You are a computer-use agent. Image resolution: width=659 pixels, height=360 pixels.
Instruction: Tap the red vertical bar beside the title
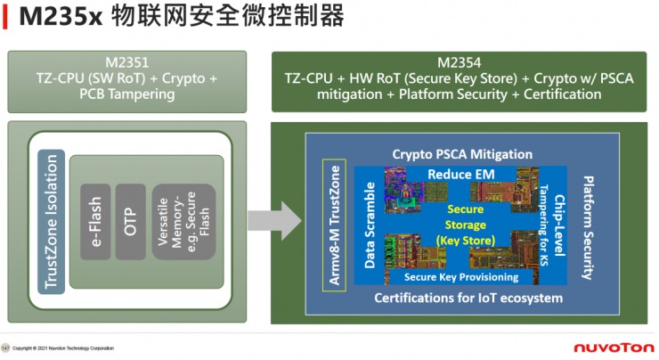click(7, 19)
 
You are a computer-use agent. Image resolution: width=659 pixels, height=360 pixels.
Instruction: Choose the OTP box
click(130, 217)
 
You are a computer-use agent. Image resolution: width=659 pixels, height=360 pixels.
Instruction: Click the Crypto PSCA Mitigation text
click(462, 153)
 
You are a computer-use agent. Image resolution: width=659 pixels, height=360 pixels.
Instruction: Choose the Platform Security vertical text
click(588, 223)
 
